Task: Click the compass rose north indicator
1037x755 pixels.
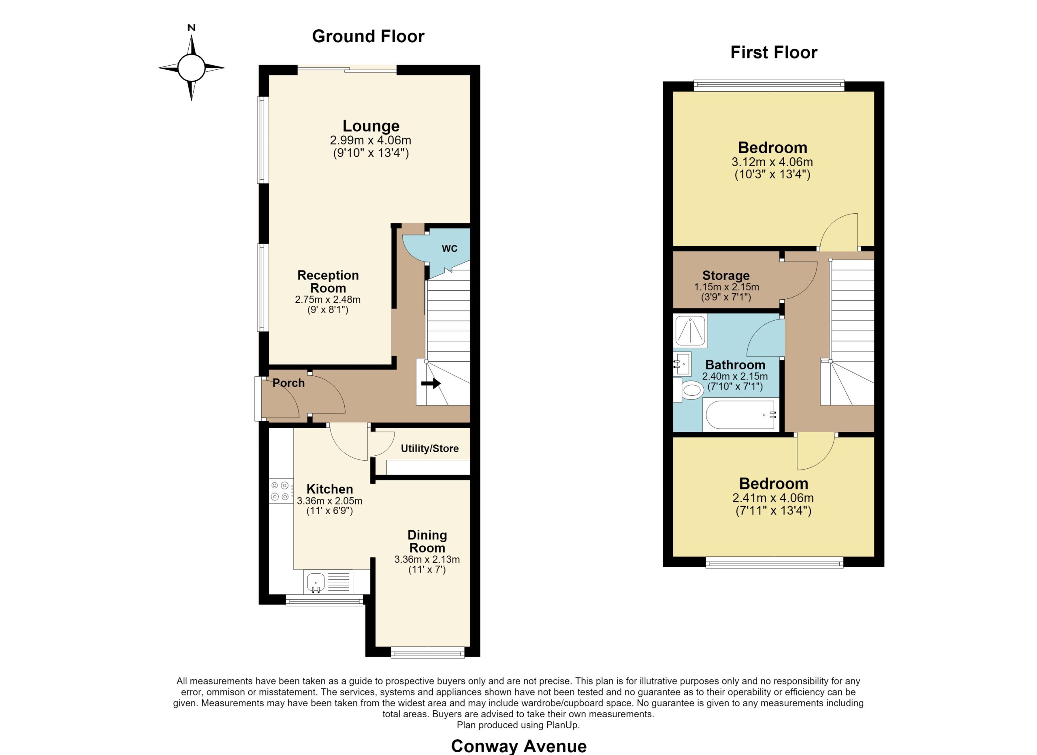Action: [x=192, y=28]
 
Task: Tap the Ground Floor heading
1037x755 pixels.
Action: [x=368, y=36]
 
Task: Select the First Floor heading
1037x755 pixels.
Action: [x=774, y=52]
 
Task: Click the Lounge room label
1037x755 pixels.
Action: [x=371, y=126]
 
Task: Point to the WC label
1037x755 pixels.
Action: [x=450, y=249]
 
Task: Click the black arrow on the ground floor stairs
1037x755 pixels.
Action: [x=431, y=383]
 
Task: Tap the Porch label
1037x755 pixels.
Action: [x=288, y=383]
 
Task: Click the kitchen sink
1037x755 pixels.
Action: [x=316, y=582]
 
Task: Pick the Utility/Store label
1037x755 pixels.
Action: [x=430, y=448]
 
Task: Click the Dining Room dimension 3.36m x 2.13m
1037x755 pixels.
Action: [x=427, y=559]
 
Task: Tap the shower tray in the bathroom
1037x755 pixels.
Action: [x=690, y=330]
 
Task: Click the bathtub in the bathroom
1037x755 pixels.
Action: [x=741, y=414]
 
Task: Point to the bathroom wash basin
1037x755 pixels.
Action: [x=682, y=364]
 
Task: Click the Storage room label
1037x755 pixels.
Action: [x=726, y=275]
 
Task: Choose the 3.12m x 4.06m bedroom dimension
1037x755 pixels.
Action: [x=772, y=162]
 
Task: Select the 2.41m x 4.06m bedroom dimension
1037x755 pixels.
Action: [x=773, y=498]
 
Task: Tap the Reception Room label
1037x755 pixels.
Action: [x=328, y=281]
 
